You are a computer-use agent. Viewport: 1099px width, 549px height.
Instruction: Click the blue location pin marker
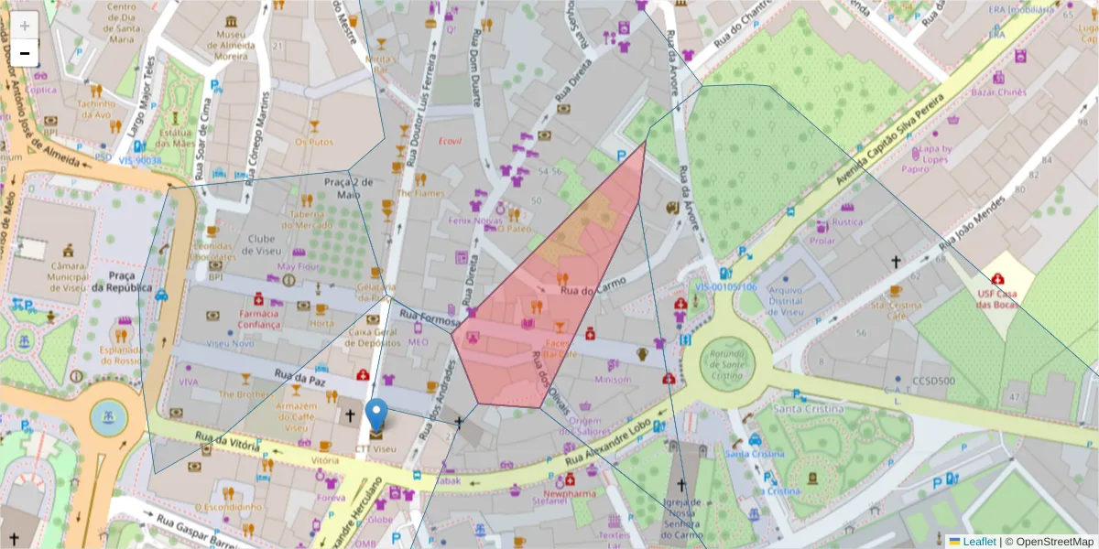[x=376, y=416]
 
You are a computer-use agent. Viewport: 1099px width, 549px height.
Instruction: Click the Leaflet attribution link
[x=979, y=542]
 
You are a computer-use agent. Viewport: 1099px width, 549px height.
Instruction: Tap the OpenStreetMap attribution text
[x=1050, y=542]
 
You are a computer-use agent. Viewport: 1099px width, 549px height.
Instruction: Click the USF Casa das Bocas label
[x=997, y=300]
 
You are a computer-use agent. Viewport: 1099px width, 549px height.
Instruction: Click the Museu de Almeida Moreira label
[x=225, y=45]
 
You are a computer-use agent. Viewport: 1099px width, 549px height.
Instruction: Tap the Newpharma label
[x=570, y=491]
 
